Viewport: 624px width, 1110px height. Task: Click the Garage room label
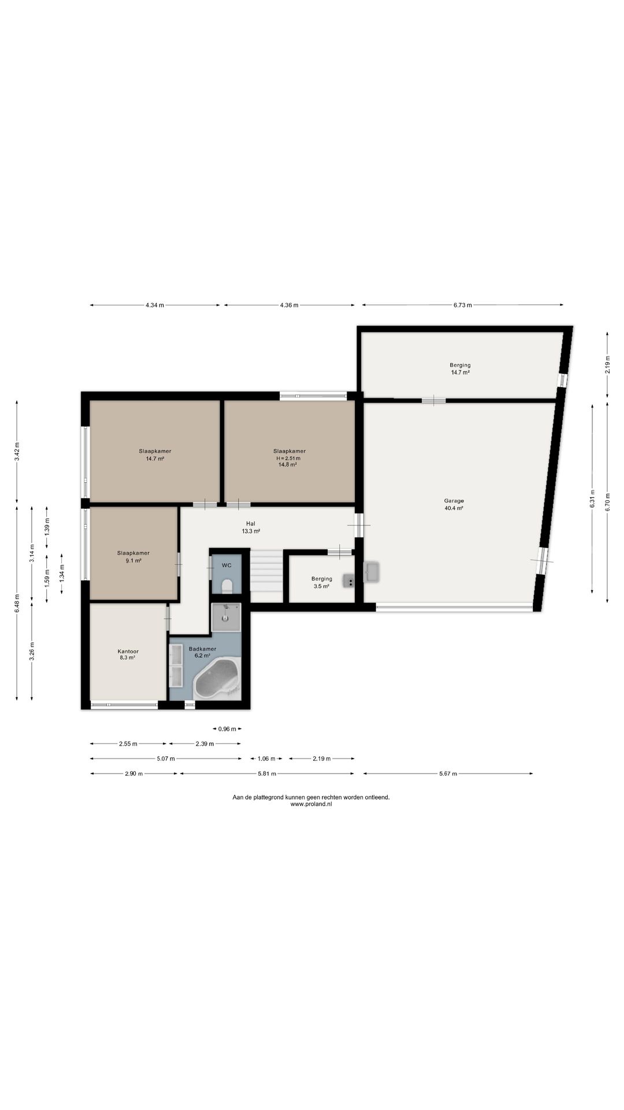pos(454,501)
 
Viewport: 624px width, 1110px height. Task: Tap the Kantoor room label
pos(128,651)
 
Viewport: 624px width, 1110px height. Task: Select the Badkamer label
pos(202,649)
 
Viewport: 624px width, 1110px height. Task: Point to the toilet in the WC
pos(226,585)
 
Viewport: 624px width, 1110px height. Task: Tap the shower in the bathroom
pos(226,617)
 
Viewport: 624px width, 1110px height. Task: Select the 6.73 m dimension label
pos(462,305)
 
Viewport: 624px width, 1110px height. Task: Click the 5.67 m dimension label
pos(447,774)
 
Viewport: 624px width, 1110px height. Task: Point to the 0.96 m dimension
pos(227,729)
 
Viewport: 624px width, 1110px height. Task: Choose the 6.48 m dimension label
pos(17,602)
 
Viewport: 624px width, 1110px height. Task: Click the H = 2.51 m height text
pos(288,458)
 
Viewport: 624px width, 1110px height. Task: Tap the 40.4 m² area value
pos(454,508)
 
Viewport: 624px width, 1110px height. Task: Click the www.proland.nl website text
pos(311,804)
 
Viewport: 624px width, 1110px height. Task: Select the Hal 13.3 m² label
pos(251,527)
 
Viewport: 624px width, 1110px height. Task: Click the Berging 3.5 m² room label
pos(321,582)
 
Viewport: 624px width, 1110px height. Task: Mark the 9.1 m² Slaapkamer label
pos(133,557)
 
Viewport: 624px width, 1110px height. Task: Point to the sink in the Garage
pos(372,572)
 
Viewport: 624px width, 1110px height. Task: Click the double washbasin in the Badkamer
pos(176,665)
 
